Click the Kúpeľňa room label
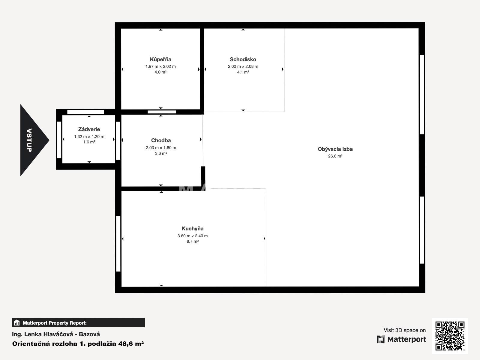160,59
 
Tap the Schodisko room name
243,59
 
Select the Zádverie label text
89,129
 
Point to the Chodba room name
161,140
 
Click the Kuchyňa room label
192,229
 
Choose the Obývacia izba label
335,149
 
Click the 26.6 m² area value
335,156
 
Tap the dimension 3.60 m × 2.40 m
192,236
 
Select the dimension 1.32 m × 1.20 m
89,136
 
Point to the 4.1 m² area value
243,72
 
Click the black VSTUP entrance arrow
33,140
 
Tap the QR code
450,336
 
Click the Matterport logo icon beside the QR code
381,339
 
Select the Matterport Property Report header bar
78,322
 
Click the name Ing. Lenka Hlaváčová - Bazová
56,334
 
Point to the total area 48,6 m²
131,344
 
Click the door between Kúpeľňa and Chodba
162,112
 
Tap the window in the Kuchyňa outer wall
118,244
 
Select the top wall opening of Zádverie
85,112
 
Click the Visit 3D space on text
405,330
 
